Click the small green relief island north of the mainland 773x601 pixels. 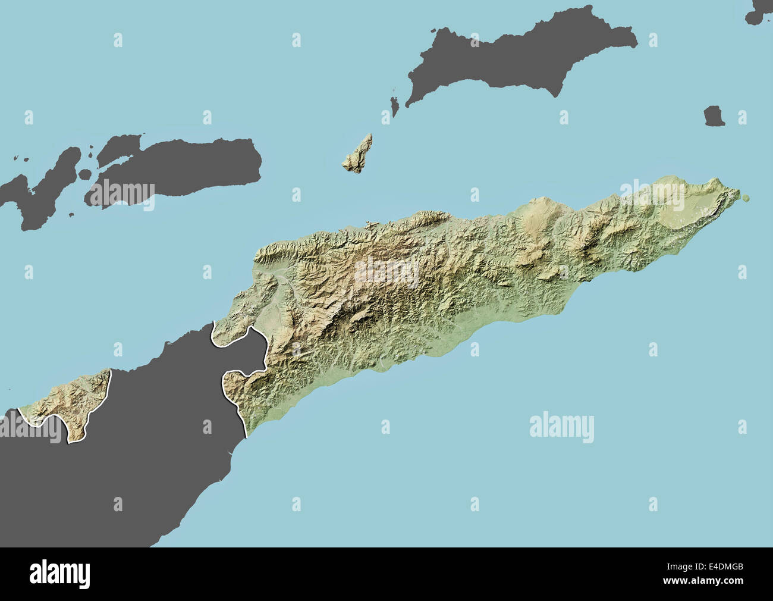pos(359,154)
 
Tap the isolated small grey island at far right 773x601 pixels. pos(714,116)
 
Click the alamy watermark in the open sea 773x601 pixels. pos(561,427)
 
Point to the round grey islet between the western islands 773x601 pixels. pos(85,174)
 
